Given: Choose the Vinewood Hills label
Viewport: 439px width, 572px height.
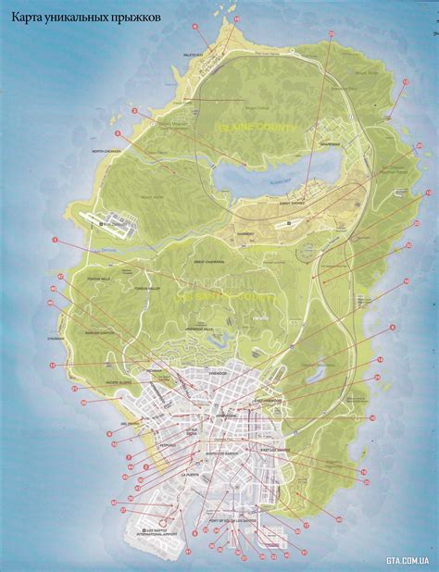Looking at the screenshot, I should pyautogui.click(x=200, y=329).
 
